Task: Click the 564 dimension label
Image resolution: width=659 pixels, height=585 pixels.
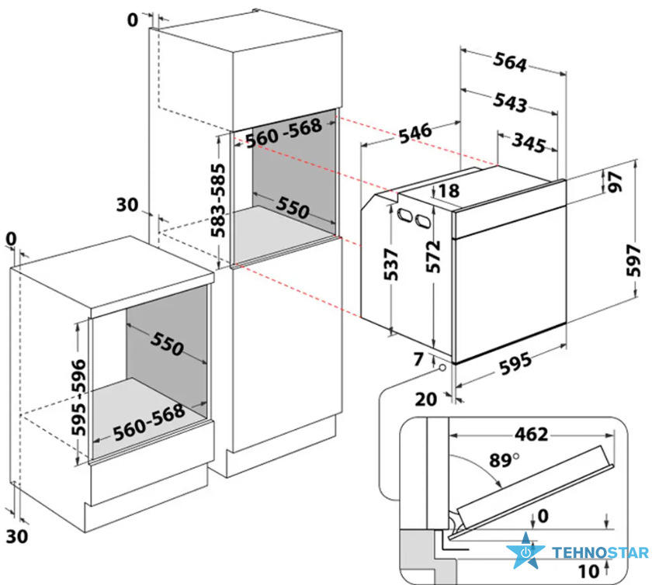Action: coord(510,62)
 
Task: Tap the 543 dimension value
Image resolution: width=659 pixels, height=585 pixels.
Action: coord(510,102)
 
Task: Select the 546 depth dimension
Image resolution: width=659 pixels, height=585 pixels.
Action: coord(414,133)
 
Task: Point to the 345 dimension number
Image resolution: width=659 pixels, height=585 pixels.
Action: coord(529,143)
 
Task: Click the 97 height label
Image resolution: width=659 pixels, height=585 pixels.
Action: coord(615,182)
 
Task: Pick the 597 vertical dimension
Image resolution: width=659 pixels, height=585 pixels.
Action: coord(634,261)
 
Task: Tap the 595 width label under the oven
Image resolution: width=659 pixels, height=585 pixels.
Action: coord(515,364)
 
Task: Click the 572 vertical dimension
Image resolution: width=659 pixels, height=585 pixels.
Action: coord(433,257)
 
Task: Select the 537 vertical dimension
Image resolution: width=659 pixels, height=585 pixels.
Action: coord(391,264)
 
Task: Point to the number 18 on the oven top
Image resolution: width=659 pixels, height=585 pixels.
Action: coord(449,191)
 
